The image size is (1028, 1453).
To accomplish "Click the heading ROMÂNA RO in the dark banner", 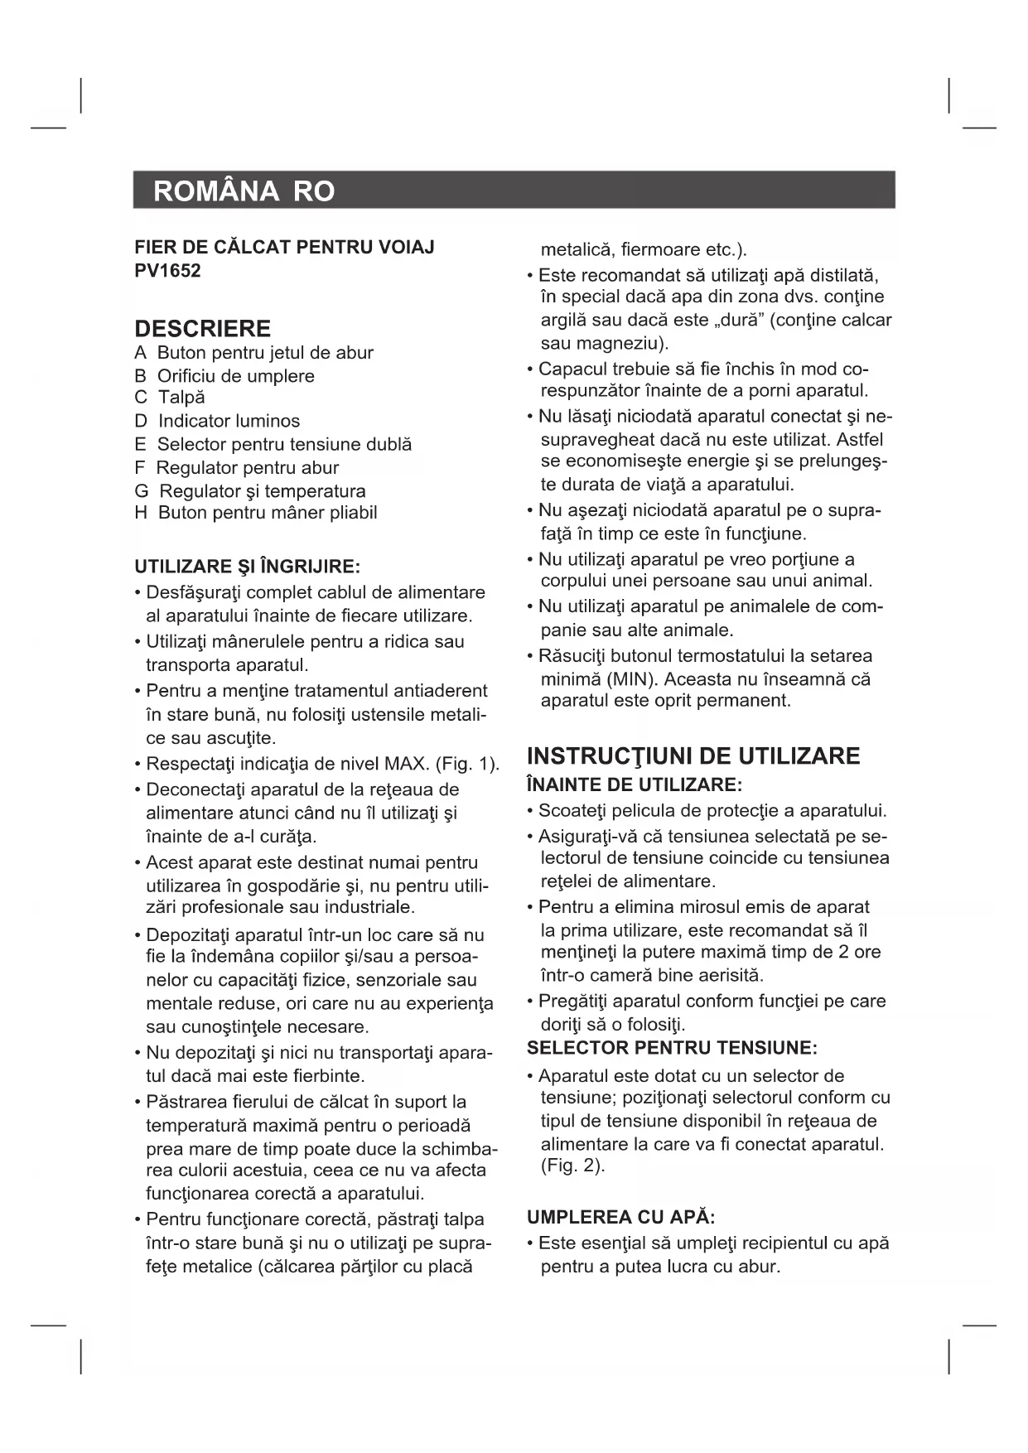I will pos(244,191).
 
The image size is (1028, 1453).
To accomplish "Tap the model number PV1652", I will pos(167,271).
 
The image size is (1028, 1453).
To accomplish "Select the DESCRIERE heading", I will pos(202,329).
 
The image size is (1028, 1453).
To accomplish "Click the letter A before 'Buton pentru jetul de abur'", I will pos(140,353).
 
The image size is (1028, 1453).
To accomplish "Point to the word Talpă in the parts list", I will pos(181,398).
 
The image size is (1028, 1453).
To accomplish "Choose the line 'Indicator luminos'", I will pos(229,421).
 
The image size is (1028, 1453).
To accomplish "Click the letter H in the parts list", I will pos(141,513).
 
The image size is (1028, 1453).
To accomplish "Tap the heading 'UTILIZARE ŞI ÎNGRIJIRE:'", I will pos(247,567).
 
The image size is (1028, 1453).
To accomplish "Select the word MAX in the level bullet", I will pos(404,764).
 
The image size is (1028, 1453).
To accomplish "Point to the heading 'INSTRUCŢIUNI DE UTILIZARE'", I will pos(693,756).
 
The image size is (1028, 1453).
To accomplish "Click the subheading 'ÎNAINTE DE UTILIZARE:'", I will pos(635,784).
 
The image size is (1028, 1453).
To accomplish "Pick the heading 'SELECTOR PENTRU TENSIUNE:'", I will pos(672,1048).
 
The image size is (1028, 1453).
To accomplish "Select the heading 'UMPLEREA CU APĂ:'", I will pos(620,1218).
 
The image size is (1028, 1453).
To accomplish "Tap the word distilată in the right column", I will pos(837,275).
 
